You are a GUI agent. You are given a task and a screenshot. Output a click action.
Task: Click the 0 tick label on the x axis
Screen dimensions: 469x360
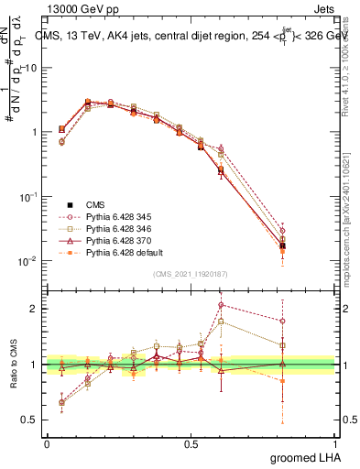[47, 443]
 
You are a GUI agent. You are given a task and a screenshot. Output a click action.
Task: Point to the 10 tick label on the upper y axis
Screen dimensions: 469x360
[30, 68]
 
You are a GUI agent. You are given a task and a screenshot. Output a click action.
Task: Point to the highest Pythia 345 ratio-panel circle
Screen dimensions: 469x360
[221, 305]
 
